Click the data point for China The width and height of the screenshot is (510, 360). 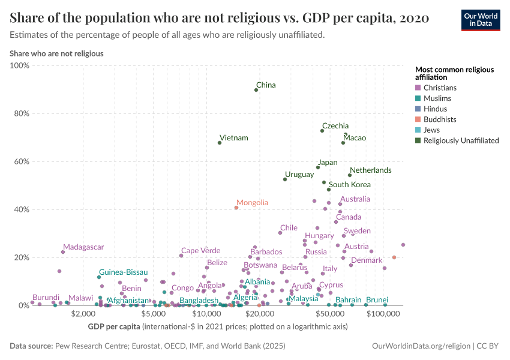(x=256, y=89)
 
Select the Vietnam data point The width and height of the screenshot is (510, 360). (x=220, y=143)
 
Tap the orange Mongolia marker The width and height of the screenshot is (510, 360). (x=236, y=208)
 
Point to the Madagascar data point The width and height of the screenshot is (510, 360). (x=63, y=252)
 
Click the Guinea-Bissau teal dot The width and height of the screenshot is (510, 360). (x=100, y=277)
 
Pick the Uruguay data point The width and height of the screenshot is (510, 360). (x=285, y=179)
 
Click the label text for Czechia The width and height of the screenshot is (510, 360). (x=334, y=126)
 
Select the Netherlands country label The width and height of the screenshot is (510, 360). (x=370, y=170)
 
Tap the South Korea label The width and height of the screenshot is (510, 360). (x=350, y=185)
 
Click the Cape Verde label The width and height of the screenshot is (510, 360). (x=200, y=251)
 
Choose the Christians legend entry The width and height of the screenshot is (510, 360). (x=440, y=88)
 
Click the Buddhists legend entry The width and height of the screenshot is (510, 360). (x=440, y=119)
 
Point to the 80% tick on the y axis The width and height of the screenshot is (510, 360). (x=20, y=113)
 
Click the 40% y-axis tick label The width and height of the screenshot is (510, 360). (x=20, y=209)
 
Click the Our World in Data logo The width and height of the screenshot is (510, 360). (x=481, y=20)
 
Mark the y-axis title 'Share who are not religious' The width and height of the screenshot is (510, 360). (x=56, y=53)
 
